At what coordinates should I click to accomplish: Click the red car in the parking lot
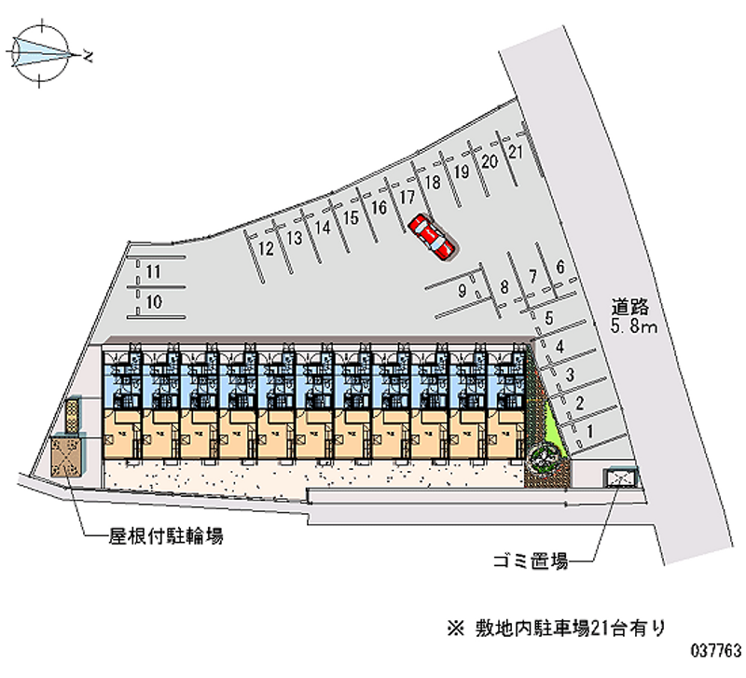(432, 235)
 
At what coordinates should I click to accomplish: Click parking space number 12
(267, 248)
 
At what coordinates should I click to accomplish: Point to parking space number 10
(155, 301)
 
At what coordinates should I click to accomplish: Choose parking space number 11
(155, 271)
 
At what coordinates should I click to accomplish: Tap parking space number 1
(589, 431)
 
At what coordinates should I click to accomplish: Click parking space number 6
(559, 267)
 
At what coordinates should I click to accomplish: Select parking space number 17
(408, 198)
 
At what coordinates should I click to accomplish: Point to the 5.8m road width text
(634, 326)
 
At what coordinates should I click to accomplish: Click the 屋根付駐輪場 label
(165, 536)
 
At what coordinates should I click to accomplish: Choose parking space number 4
(559, 349)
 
